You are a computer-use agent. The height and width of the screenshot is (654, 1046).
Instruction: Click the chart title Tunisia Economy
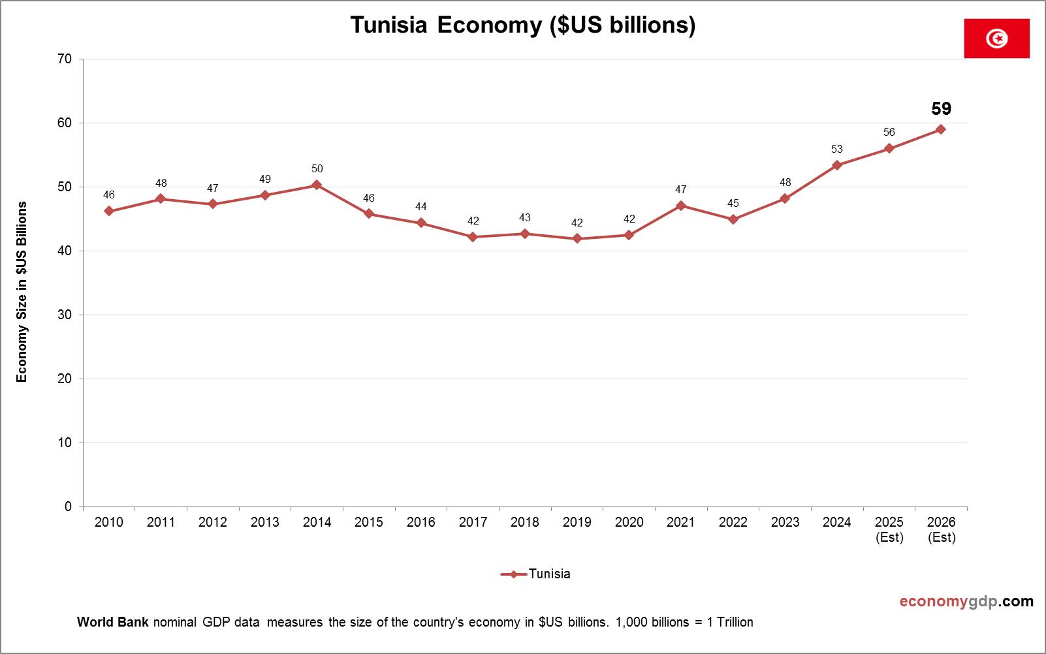pos(522,25)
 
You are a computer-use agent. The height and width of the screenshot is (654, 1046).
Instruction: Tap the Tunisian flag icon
pos(996,39)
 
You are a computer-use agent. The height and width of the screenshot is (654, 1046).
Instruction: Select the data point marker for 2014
pos(317,185)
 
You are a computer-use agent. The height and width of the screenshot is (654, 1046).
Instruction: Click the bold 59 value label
pos(941,108)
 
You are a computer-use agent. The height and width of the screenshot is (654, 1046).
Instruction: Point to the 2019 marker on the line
pos(577,239)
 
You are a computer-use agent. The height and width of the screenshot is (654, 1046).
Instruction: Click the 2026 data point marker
pos(941,129)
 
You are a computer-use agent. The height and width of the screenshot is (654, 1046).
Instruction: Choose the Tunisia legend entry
pos(536,574)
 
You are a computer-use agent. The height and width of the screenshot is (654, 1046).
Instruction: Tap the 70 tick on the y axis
pos(65,59)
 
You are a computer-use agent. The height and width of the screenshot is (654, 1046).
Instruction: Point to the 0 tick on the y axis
pos(69,506)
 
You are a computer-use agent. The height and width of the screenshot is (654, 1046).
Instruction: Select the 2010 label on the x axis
pos(108,522)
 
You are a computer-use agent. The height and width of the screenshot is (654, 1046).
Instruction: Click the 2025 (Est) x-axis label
pos(889,529)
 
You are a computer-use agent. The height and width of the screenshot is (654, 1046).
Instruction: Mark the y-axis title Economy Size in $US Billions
pos(22,292)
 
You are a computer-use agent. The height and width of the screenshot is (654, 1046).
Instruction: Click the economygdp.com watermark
pos(966,601)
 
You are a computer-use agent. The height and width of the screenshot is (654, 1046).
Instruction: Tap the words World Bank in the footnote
pos(113,622)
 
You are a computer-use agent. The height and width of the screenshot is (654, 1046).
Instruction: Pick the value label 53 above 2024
pos(837,149)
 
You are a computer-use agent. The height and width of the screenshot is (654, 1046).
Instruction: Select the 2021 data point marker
pos(681,206)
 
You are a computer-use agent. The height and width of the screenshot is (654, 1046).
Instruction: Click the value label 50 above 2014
pos(317,168)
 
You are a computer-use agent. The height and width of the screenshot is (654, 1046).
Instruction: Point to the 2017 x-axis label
pos(473,522)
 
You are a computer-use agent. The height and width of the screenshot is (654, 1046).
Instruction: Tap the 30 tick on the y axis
pos(65,315)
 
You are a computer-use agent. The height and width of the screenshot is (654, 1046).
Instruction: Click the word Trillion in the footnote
pos(735,622)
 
